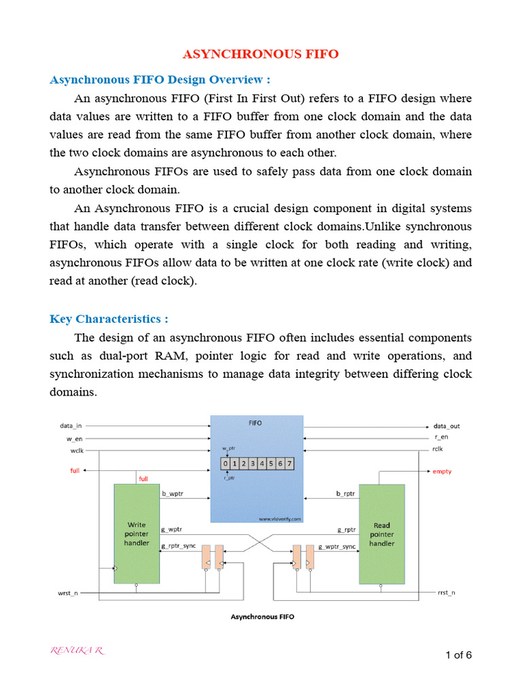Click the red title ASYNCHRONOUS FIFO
(x=261, y=54)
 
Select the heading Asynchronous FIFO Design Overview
(x=160, y=80)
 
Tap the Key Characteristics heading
(x=109, y=319)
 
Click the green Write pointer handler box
(x=136, y=534)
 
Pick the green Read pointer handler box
(x=381, y=534)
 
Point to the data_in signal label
(x=71, y=426)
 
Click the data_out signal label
(x=447, y=426)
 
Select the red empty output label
(x=442, y=471)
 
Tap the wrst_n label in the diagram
(x=69, y=593)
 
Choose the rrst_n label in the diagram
(x=446, y=593)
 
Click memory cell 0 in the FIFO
(x=226, y=464)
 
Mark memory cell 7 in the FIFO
(x=290, y=464)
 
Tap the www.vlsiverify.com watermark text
(x=279, y=518)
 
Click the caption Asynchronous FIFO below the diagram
(x=262, y=617)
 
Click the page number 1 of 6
(x=458, y=655)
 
